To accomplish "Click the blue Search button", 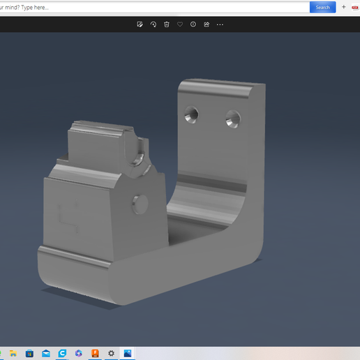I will pos(322,7).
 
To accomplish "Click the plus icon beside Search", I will pos(343,7).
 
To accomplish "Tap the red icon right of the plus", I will pos(355,7).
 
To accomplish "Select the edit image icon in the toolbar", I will pos(140,24).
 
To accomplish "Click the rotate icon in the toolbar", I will pos(153,24).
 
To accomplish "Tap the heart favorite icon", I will pos(180,24).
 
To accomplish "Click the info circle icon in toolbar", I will pos(193,24).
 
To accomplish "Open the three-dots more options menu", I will pos(220,24).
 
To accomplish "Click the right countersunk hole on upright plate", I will pos(232,119).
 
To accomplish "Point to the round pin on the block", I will pos(140,204).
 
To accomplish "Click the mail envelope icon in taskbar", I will pos(46,354).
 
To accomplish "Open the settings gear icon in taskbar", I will pos(111,354).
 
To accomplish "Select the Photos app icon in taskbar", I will pos(128,354).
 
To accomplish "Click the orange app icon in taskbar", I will pos(95,354).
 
